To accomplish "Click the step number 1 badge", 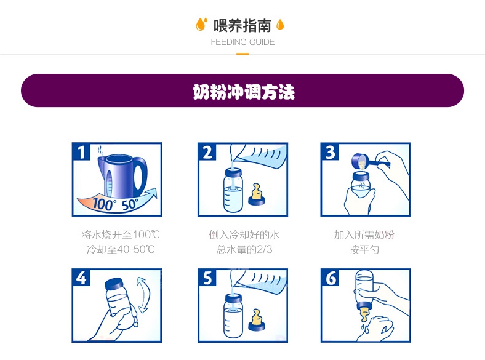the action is (x=81, y=151).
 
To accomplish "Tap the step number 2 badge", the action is (x=207, y=151).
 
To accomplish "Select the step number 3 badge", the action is (x=330, y=151).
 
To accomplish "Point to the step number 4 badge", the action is (x=81, y=278).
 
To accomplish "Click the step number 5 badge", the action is (x=207, y=278).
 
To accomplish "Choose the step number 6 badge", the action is (x=330, y=278).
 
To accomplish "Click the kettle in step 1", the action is (x=122, y=176).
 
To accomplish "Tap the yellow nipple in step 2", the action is (x=257, y=195).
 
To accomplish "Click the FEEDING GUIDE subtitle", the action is (x=242, y=42).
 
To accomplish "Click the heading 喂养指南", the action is (x=242, y=25).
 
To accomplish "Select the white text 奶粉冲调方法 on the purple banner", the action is (x=244, y=92).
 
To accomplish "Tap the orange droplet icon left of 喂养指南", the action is (x=201, y=24).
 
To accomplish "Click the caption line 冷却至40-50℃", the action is (x=121, y=249).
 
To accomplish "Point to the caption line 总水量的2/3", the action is (x=244, y=249).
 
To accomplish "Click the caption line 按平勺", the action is (x=364, y=249).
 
